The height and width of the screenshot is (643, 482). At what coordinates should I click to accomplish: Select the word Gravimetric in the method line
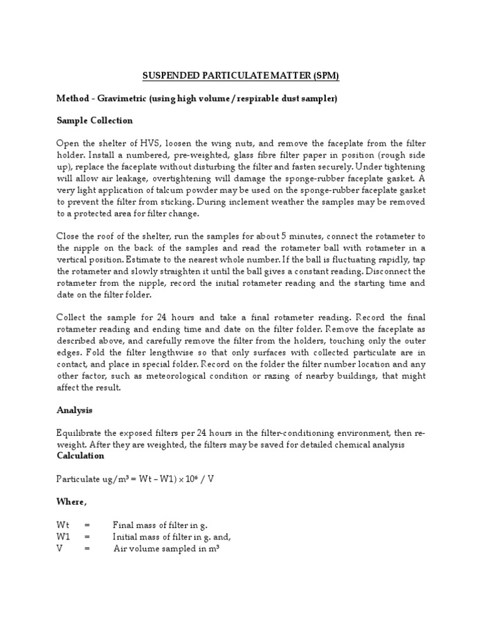[x=119, y=99]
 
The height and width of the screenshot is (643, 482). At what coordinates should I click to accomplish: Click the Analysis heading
[x=75, y=410]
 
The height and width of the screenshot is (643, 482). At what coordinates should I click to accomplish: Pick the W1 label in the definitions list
[x=63, y=537]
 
